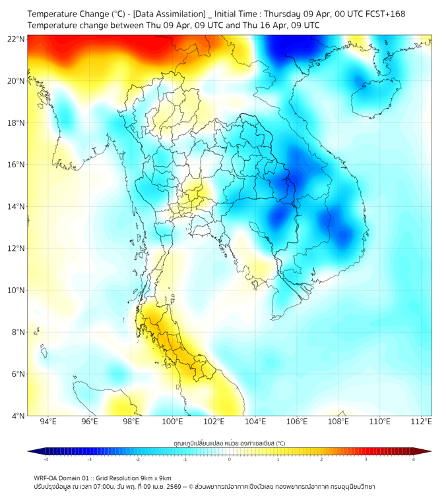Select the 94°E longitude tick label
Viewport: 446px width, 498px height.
48,422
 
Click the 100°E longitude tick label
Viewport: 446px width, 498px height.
172,422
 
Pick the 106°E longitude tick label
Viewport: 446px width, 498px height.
297,422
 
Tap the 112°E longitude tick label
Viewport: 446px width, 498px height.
422,422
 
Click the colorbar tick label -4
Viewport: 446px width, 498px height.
45,460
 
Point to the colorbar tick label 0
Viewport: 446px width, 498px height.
230,460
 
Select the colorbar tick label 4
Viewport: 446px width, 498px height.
414,460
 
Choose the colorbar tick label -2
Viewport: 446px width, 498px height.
137,460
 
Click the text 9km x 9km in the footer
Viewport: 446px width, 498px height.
154,478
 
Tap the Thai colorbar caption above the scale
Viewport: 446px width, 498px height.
229,443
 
